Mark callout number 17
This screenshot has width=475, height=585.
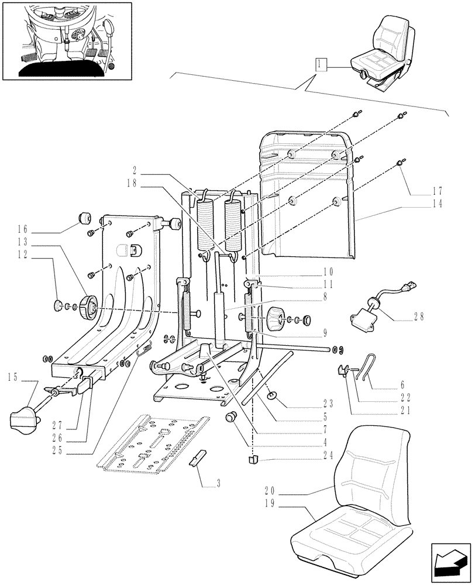click(x=438, y=191)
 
